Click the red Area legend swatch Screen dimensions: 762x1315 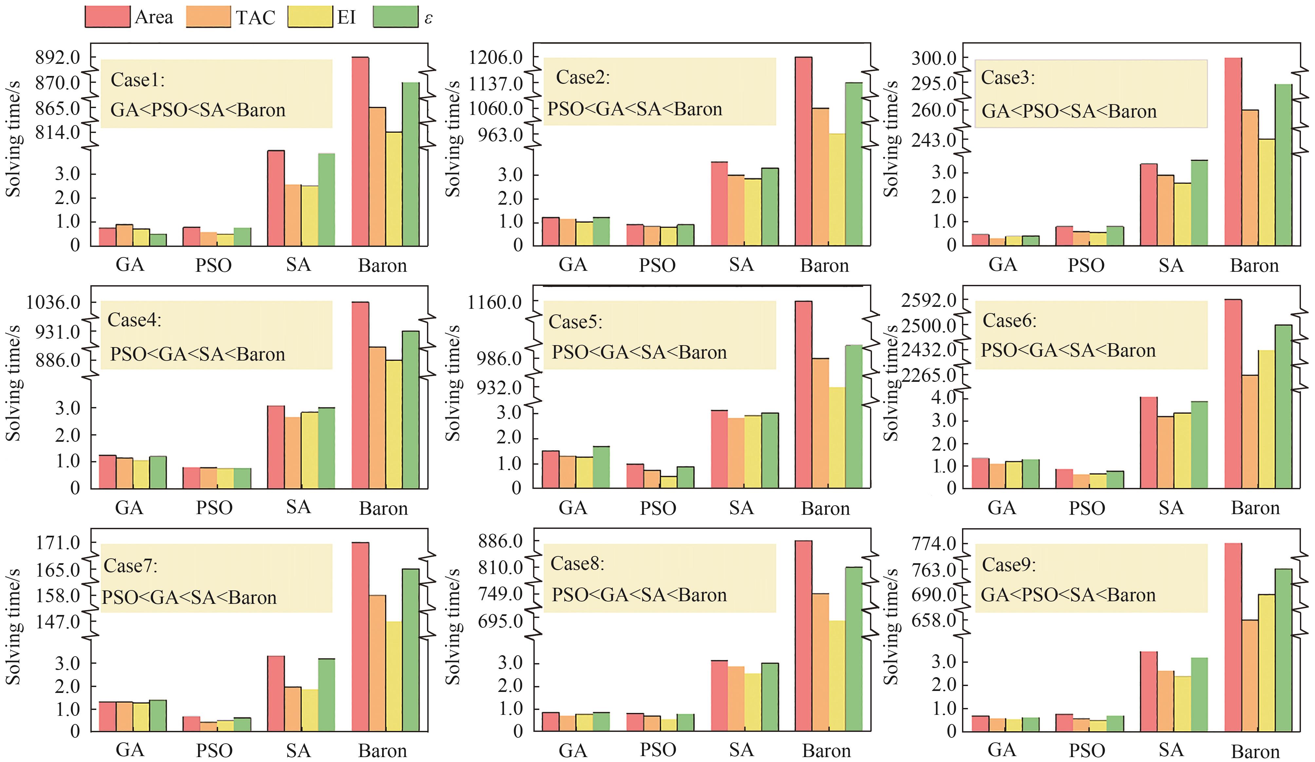107,17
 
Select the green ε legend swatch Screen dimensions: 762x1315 395,17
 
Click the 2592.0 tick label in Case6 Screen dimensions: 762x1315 929,301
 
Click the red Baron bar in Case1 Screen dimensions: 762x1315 360,151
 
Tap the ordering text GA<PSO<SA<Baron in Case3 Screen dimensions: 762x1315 1069,111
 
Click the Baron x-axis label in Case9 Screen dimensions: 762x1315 1255,752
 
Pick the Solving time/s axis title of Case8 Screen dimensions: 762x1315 453,626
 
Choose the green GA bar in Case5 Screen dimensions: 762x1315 601,467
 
